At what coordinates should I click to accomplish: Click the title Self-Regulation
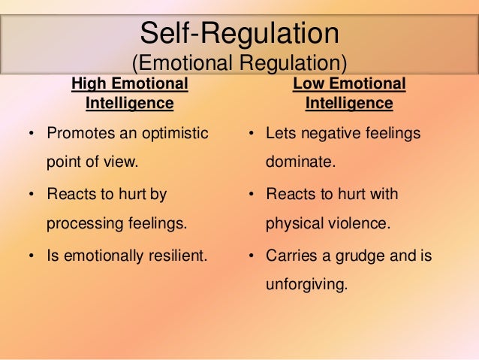(239, 33)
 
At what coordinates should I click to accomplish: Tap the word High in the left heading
(87, 83)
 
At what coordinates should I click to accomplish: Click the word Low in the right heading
(306, 83)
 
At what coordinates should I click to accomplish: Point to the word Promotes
(79, 133)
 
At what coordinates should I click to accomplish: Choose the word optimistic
(171, 133)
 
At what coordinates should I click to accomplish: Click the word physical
(291, 223)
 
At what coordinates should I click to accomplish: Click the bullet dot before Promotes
(32, 134)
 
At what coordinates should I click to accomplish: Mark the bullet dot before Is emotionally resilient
(32, 256)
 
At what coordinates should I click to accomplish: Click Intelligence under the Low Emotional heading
(348, 102)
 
